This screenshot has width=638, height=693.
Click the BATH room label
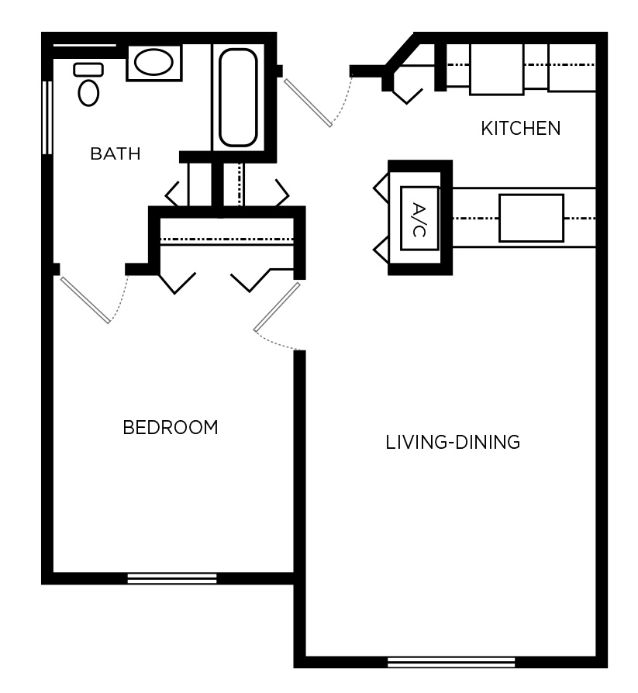coord(116,153)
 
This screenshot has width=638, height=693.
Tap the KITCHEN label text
coord(520,128)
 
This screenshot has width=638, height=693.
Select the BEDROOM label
coord(171,427)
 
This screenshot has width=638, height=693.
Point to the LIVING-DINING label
coord(452,443)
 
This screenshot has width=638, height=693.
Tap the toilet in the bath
coord(89,91)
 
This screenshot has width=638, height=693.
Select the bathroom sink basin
coord(154,62)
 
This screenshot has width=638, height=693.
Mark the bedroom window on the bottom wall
coord(172,577)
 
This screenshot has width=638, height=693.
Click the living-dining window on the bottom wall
coord(451,662)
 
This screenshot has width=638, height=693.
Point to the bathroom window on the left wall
coord(47,115)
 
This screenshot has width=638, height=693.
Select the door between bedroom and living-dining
coord(277,307)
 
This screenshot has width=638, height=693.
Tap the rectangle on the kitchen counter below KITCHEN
coord(531,218)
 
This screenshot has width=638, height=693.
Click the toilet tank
coord(88,70)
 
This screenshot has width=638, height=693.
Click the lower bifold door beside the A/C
coord(381,250)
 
